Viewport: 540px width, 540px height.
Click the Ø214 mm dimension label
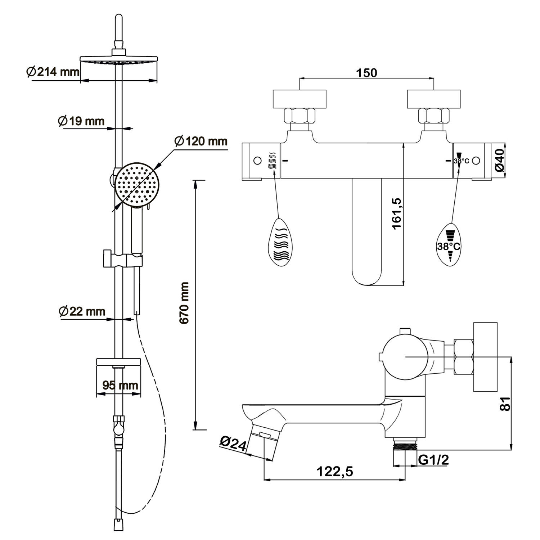coord(53,72)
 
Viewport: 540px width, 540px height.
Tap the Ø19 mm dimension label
coord(81,121)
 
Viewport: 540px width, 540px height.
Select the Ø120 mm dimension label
coord(201,141)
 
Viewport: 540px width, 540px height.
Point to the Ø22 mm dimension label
coord(82,311)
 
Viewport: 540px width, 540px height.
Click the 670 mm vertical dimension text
coord(184,303)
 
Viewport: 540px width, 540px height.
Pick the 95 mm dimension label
coord(120,385)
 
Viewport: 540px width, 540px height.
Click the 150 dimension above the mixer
coord(366,73)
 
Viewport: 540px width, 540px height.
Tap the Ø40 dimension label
coord(499,161)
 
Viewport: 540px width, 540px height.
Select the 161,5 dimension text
coord(396,213)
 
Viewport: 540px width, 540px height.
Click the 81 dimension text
coord(505,404)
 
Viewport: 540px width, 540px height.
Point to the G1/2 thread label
coord(433,460)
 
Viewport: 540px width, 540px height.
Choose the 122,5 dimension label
coord(335,471)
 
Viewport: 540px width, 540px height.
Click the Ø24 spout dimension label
coord(233,444)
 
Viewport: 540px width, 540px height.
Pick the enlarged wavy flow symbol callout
coord(280,242)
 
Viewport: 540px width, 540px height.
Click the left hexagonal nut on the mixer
coord(300,116)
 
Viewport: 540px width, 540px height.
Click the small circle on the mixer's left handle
coord(257,161)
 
